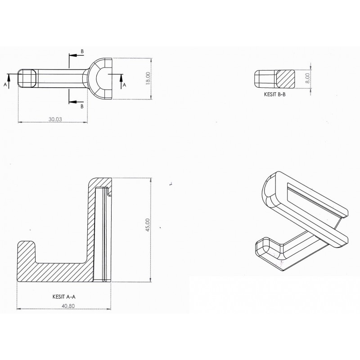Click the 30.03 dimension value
[x=55, y=119]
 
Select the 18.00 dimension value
[x=148, y=78]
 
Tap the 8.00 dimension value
[x=308, y=78]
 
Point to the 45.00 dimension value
[x=148, y=225]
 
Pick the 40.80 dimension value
[x=68, y=306]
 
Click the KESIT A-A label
[x=64, y=297]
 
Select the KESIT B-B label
[x=275, y=94]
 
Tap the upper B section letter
[x=82, y=51]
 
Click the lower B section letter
[x=82, y=106]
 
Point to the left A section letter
[x=5, y=85]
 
